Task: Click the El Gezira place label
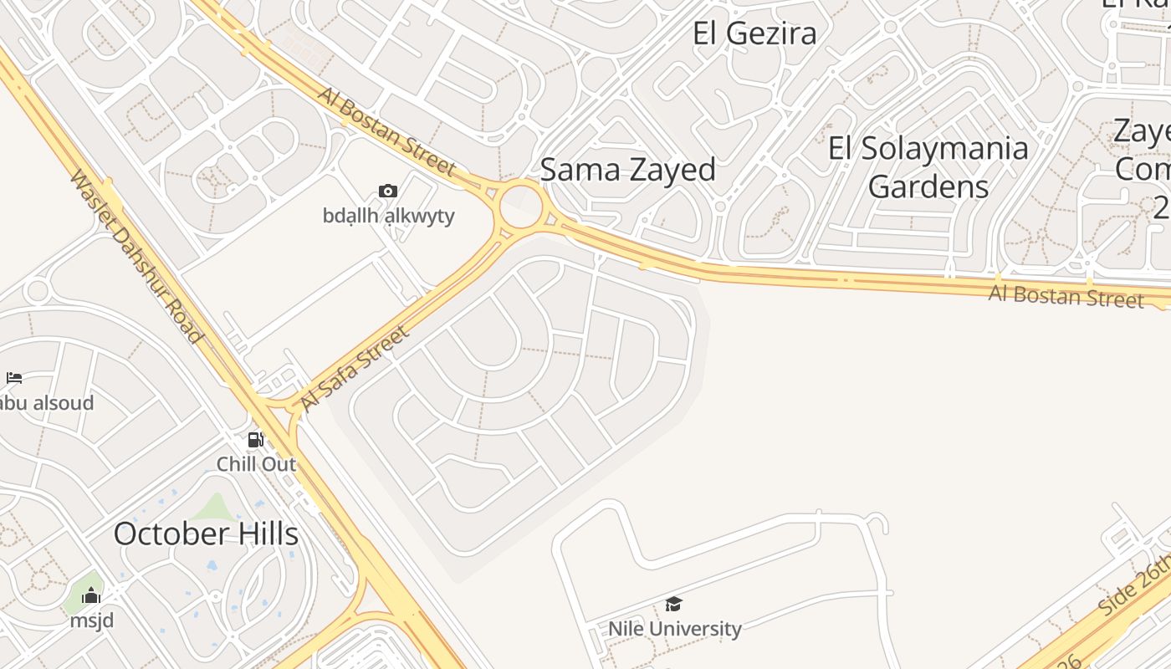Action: click(754, 33)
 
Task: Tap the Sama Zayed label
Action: click(627, 170)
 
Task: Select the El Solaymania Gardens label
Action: click(928, 166)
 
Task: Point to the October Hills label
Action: click(206, 534)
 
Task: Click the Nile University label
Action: click(674, 628)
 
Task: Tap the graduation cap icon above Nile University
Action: click(673, 604)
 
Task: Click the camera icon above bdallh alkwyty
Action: click(387, 192)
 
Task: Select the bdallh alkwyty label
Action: click(389, 216)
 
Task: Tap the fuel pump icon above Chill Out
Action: click(256, 440)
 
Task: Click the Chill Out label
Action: click(256, 463)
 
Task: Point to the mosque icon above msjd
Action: click(91, 596)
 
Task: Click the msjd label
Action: click(91, 620)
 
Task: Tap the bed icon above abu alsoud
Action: click(13, 379)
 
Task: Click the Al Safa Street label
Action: click(355, 368)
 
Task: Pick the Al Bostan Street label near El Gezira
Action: click(386, 130)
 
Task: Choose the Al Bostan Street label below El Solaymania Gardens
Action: click(1066, 296)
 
